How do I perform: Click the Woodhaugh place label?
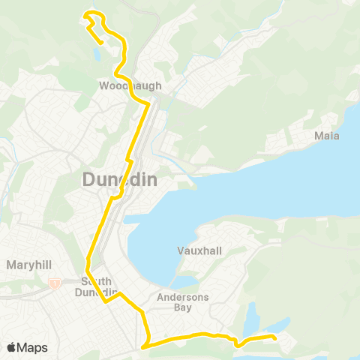point(130,85)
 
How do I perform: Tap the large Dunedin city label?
point(119,179)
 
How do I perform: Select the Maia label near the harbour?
point(327,136)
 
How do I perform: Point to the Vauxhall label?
point(199,250)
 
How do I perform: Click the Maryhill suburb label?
point(28,265)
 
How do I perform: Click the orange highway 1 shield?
point(55,283)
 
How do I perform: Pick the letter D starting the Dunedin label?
point(88,179)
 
